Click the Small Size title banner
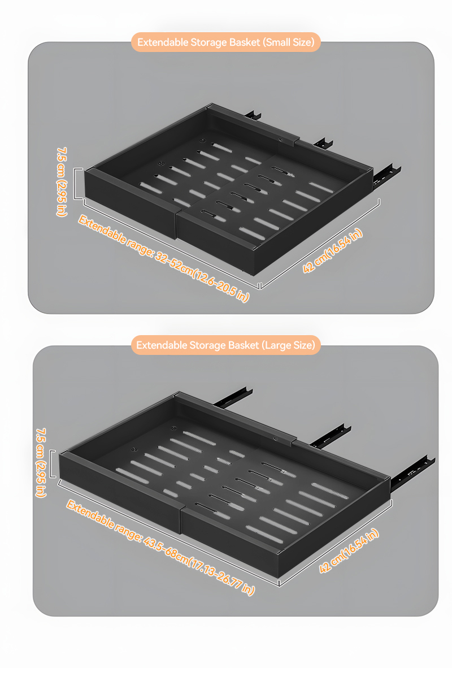coord(226,42)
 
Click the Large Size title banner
coord(226,345)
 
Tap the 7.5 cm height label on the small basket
coord(62,182)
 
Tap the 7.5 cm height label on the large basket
coord(41,462)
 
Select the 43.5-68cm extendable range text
coord(160,547)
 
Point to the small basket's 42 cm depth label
coord(333,250)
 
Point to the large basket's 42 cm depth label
coord(349,551)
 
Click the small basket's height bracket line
coord(75,184)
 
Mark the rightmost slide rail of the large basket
coord(412,474)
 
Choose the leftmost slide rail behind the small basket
coord(253,114)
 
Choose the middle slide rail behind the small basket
coord(323,143)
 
